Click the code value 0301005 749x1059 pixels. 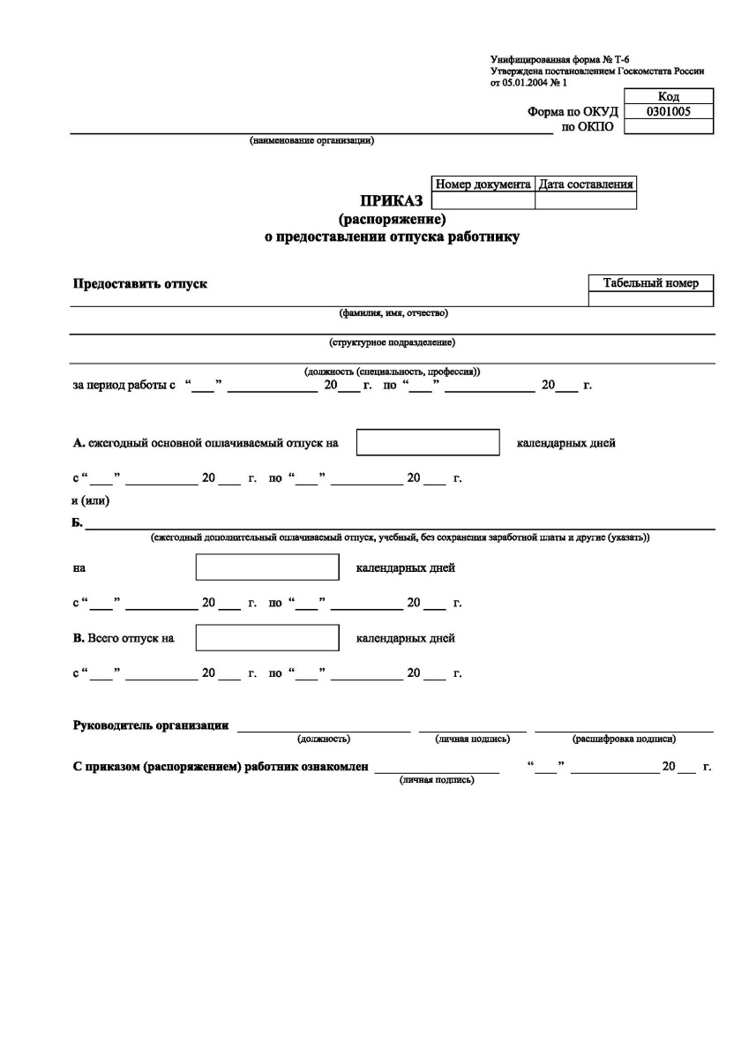click(668, 112)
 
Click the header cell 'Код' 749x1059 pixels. click(668, 96)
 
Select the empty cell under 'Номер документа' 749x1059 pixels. click(483, 200)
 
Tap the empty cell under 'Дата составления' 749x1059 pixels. click(585, 200)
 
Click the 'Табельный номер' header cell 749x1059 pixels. click(650, 283)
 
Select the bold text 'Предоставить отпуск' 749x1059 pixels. click(139, 284)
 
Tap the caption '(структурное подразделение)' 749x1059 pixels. click(392, 342)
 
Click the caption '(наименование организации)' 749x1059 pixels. click(311, 140)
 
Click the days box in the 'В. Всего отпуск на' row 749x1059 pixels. click(266, 638)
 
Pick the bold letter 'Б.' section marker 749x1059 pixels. click(77, 523)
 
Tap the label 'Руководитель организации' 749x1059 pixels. click(150, 725)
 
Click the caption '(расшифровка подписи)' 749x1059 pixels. click(624, 739)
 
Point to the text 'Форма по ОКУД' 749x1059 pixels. click(573, 112)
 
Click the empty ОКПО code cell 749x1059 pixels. click(668, 127)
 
